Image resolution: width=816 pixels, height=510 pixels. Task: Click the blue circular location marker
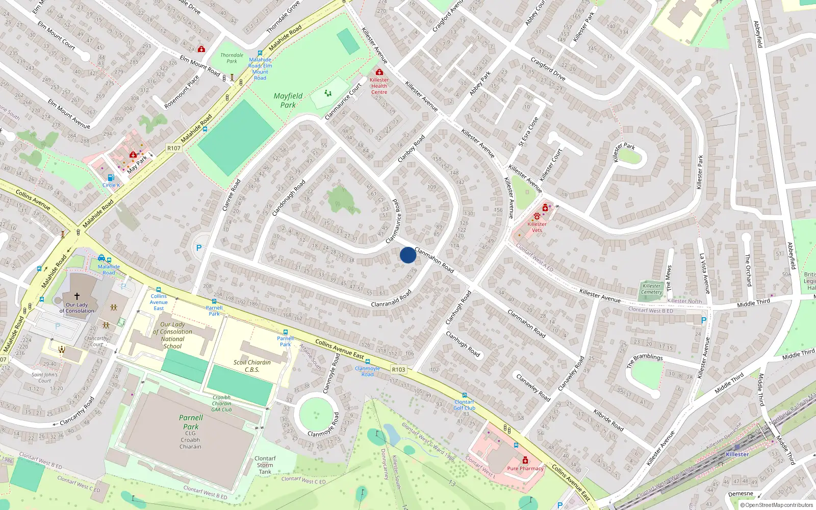point(407,255)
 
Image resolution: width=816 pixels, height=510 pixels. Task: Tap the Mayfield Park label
point(288,100)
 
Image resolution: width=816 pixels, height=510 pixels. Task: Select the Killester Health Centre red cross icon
point(379,72)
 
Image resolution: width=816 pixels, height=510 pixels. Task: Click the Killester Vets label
point(537,227)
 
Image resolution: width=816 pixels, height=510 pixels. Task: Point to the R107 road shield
point(174,148)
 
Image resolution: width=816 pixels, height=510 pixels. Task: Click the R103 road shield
point(398,370)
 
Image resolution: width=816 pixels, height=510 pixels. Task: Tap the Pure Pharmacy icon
point(525,461)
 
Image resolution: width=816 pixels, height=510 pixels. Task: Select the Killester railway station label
point(737,454)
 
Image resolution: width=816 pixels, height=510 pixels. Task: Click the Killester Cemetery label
point(652,289)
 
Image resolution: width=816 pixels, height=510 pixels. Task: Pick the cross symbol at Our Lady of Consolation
point(77,296)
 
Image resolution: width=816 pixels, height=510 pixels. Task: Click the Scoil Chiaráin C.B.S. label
point(252,366)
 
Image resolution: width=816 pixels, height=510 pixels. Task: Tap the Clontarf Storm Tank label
point(265,465)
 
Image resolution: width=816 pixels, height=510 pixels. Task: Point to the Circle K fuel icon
point(111,178)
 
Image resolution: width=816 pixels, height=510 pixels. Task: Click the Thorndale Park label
point(232,58)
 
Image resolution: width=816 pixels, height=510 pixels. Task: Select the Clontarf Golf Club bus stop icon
point(464,395)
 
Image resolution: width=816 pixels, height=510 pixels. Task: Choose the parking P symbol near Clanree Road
point(199,248)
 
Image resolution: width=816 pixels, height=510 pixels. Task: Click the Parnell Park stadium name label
point(191,422)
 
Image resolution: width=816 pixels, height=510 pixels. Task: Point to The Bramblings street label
point(644,361)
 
